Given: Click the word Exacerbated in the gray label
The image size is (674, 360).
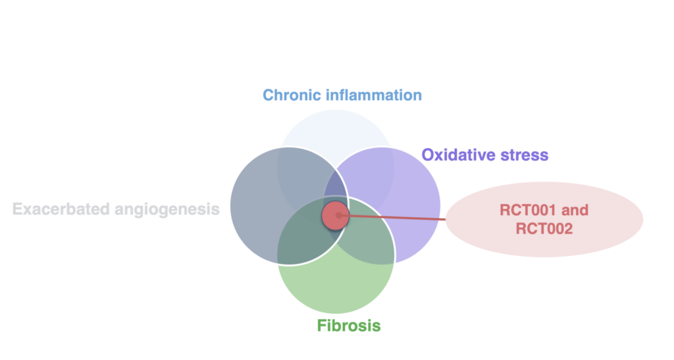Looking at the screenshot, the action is click(61, 209).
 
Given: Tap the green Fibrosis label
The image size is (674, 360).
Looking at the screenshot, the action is click(349, 326).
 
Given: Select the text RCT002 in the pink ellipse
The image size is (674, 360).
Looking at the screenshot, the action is click(544, 228).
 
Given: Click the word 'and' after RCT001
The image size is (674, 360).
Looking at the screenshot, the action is click(575, 210).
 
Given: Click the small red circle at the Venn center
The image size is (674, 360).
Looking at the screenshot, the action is click(335, 215).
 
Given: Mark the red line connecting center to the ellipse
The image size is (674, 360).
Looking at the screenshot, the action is click(392, 217).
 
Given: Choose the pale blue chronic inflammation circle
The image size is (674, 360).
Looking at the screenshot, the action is click(336, 129).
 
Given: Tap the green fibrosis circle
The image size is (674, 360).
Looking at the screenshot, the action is click(336, 288).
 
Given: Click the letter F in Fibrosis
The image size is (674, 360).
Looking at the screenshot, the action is click(322, 326).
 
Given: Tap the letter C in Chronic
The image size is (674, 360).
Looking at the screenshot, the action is click(269, 95).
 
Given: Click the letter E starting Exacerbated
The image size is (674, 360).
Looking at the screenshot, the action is click(18, 209).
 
